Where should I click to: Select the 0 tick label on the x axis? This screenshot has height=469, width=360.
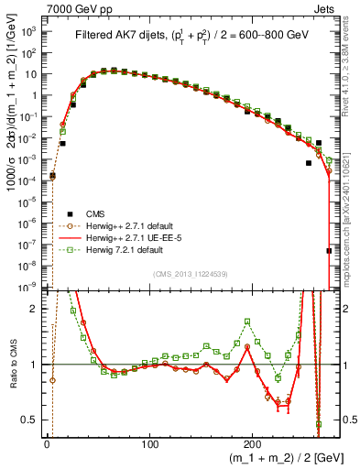pos(47,441)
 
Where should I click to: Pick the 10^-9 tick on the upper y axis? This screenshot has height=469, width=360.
pos(29,288)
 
